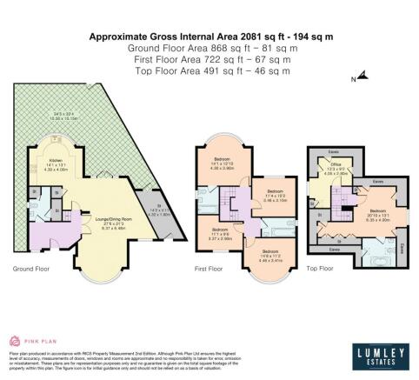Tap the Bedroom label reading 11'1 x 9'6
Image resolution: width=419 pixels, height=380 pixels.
point(222,232)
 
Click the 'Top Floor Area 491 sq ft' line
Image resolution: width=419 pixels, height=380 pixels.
point(209,70)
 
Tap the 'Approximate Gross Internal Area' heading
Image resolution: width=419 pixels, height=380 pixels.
point(209,37)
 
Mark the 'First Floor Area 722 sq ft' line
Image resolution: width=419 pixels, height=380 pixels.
point(209,59)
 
